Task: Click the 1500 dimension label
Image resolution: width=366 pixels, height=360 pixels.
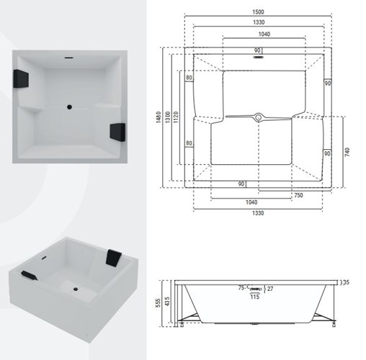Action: tap(258, 12)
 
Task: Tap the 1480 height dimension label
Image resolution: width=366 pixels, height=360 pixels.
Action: tap(159, 117)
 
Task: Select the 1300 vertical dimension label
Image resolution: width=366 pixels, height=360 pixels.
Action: tap(168, 117)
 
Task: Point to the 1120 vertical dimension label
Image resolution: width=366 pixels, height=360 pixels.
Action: tap(176, 117)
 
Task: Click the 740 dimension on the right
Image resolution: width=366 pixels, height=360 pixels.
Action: tap(347, 152)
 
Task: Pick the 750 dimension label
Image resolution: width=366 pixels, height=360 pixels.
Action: tap(298, 195)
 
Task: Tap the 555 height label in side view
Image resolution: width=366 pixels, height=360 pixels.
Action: tap(158, 304)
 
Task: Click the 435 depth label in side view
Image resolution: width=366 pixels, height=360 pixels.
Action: tap(167, 302)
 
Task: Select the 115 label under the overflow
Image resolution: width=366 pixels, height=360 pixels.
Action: tap(255, 297)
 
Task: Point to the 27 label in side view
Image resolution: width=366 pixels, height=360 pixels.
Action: tap(270, 289)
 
